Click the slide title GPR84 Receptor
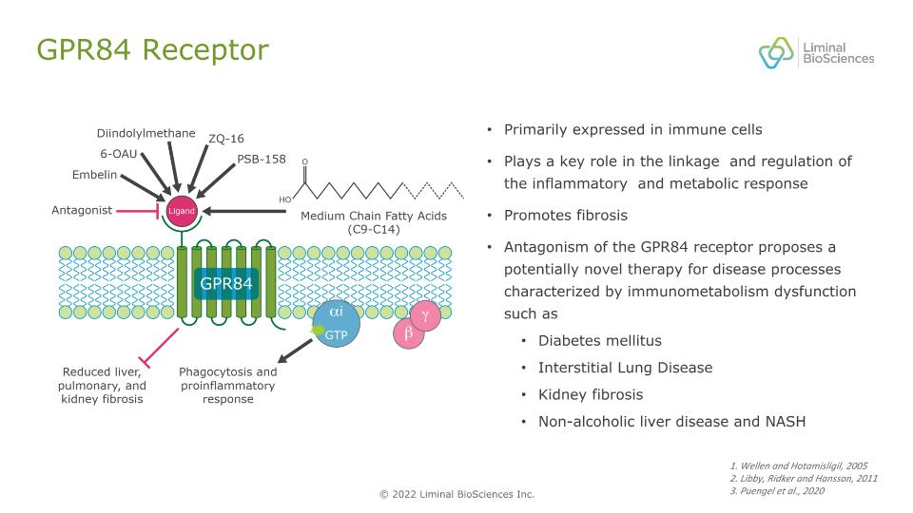(151, 49)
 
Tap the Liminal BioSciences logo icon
(775, 52)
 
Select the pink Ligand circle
(181, 211)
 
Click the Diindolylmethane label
(146, 133)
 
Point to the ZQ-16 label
(225, 139)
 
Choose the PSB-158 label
(262, 159)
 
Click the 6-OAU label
(119, 153)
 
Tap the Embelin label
(94, 175)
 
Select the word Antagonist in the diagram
(82, 210)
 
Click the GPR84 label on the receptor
(225, 283)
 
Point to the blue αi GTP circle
(338, 323)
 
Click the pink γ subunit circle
(425, 314)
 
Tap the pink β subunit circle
(408, 333)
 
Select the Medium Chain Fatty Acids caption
(362, 221)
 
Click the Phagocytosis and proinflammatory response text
(228, 386)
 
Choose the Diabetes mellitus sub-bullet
(600, 340)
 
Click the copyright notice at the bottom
(456, 494)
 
